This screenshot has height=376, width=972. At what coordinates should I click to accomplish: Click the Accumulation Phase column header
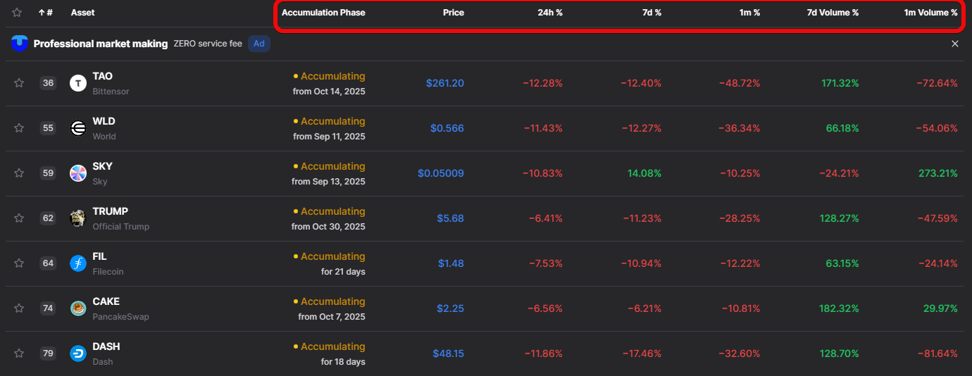point(323,13)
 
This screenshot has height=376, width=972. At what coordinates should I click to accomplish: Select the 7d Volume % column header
point(833,13)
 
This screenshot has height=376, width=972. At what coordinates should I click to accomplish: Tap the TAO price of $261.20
point(444,83)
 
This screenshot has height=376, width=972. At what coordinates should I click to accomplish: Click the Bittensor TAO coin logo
point(78,83)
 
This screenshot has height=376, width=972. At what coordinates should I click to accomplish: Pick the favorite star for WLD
point(19,128)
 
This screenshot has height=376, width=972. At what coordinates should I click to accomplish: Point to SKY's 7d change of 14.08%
point(641,173)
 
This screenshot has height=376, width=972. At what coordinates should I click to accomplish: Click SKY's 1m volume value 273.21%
point(937,173)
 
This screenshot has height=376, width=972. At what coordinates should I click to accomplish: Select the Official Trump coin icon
point(78,218)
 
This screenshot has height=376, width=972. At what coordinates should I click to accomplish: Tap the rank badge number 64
point(48,263)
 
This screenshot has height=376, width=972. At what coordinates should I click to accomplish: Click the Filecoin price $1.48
point(451,263)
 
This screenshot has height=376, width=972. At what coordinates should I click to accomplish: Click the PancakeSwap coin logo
point(78,308)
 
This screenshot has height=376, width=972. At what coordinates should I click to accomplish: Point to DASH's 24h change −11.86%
point(543,353)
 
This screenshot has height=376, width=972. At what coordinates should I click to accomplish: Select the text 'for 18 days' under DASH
point(343,362)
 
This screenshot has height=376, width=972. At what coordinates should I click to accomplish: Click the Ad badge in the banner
point(259,44)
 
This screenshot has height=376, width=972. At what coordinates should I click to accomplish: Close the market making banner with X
point(955,44)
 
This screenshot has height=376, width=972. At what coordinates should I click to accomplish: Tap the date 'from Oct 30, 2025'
point(328,227)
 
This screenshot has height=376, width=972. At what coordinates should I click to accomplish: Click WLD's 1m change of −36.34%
point(740,128)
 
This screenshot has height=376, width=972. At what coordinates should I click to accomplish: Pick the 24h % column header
point(549,13)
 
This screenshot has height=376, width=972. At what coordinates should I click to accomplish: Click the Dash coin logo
point(78,353)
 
